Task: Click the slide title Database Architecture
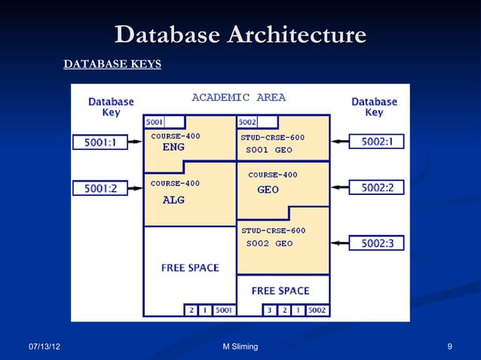click(x=240, y=35)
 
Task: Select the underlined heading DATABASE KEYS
click(x=112, y=65)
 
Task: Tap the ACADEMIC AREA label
click(x=238, y=98)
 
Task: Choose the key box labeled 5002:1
click(x=377, y=141)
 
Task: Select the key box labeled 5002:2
click(x=377, y=187)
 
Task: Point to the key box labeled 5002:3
click(x=377, y=243)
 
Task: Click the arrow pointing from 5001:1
click(x=133, y=142)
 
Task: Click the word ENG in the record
click(x=173, y=148)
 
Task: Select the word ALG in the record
click(x=173, y=200)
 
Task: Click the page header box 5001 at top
click(x=164, y=122)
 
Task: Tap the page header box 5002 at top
click(x=257, y=122)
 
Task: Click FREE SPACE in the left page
click(x=189, y=267)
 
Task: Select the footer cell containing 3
click(x=268, y=310)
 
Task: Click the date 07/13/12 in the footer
click(x=45, y=346)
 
